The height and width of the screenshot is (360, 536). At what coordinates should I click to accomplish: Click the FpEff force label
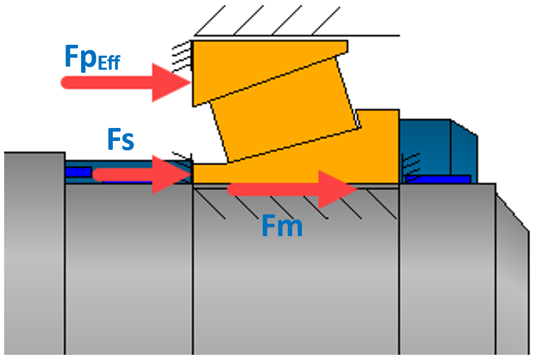[x=91, y=58]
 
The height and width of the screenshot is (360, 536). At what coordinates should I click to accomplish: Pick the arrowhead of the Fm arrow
[x=338, y=189]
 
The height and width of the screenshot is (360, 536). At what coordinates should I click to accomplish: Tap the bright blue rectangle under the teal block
[x=439, y=179]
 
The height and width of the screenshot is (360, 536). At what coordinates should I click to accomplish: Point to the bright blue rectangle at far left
[x=78, y=172]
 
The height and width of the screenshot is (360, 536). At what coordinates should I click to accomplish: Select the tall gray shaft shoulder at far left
[x=34, y=250]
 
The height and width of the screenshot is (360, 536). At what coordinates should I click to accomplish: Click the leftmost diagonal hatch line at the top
[x=208, y=21]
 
